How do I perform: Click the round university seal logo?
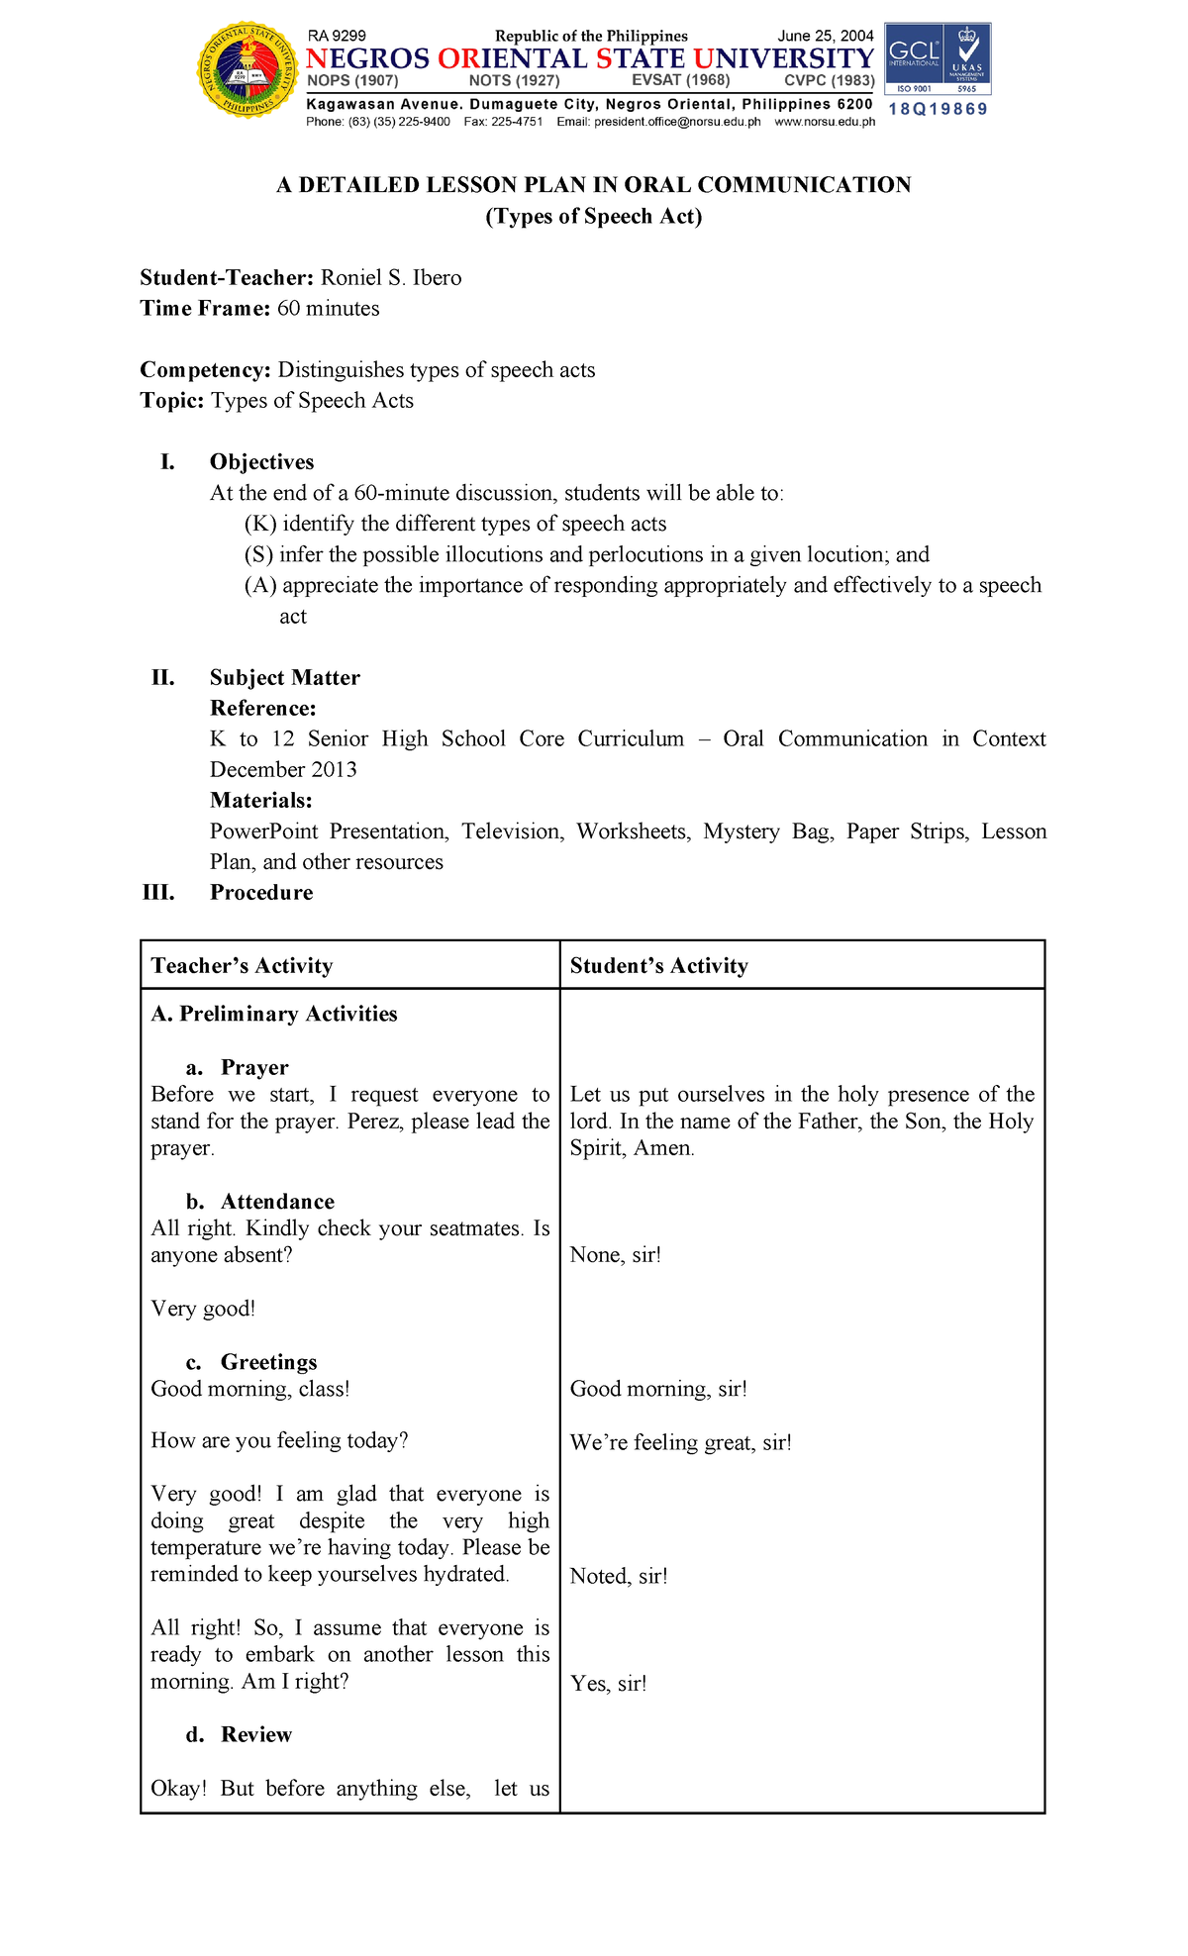(x=247, y=69)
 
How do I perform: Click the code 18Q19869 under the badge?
(x=938, y=109)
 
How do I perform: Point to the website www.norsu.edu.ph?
(x=825, y=122)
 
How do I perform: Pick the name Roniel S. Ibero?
(x=391, y=277)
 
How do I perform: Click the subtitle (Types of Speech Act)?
(x=593, y=216)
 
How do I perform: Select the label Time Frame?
(x=205, y=308)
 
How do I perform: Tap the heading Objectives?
(x=261, y=461)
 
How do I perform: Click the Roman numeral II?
(x=162, y=677)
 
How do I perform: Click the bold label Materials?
(x=261, y=800)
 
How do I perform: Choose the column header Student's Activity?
(x=658, y=965)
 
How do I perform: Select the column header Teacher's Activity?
(x=242, y=965)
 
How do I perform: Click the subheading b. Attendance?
(x=260, y=1201)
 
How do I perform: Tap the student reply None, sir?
(x=615, y=1255)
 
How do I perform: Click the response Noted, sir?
(x=619, y=1576)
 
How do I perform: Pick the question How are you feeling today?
(x=279, y=1440)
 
